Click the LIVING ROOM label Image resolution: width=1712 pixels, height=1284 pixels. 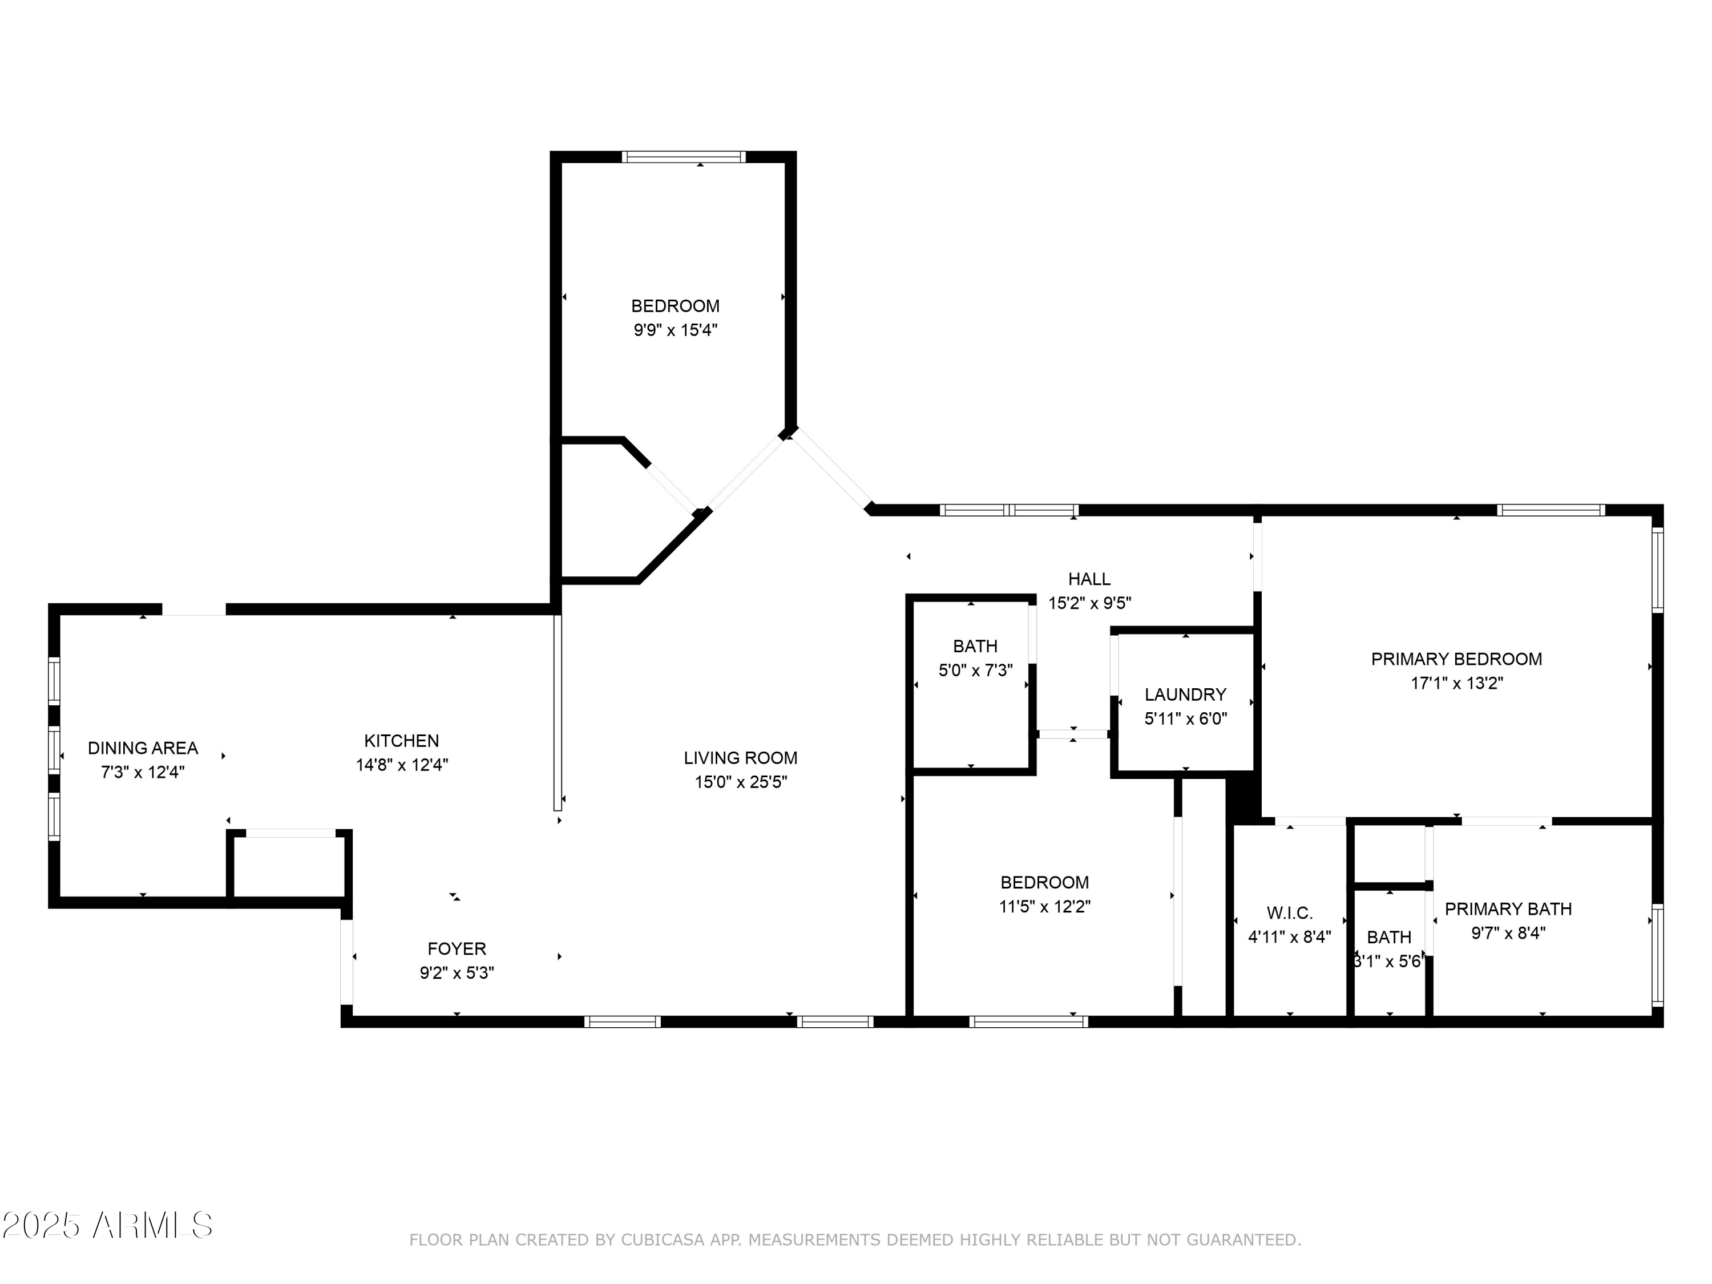click(x=740, y=758)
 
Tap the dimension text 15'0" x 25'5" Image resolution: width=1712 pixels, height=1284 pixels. click(x=740, y=782)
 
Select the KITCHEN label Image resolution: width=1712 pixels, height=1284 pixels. click(x=402, y=741)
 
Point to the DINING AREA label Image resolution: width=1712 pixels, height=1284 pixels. click(x=143, y=748)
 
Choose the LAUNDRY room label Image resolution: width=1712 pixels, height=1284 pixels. click(x=1185, y=695)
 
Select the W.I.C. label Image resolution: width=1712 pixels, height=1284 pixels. click(x=1289, y=912)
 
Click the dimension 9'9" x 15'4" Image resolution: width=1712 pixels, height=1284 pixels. click(x=675, y=330)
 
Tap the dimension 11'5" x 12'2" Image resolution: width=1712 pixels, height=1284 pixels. click(x=1044, y=906)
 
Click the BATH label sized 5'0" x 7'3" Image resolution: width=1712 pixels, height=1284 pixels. click(x=975, y=645)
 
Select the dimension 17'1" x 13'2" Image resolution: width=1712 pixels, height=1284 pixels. click(x=1456, y=684)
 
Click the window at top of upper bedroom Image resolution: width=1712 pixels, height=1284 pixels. click(x=684, y=157)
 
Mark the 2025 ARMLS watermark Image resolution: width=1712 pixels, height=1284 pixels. click(x=108, y=1225)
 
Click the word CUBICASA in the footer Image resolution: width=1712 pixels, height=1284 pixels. click(x=662, y=1240)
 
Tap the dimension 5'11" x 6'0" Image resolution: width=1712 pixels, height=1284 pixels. click(x=1185, y=718)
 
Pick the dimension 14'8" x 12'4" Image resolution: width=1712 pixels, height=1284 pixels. click(x=402, y=765)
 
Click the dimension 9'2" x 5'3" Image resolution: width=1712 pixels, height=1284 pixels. click(x=457, y=973)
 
